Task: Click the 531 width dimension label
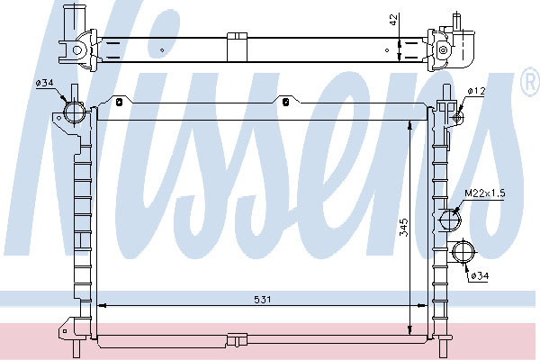tap(263, 300)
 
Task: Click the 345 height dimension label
tap(403, 228)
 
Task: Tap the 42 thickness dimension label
tap(394, 20)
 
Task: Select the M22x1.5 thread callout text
tap(485, 193)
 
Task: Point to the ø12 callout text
tap(477, 91)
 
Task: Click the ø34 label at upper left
tap(44, 83)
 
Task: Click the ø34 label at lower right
tap(480, 275)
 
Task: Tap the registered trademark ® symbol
tap(530, 81)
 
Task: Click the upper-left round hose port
tap(74, 112)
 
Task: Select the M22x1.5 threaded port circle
tap(451, 219)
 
